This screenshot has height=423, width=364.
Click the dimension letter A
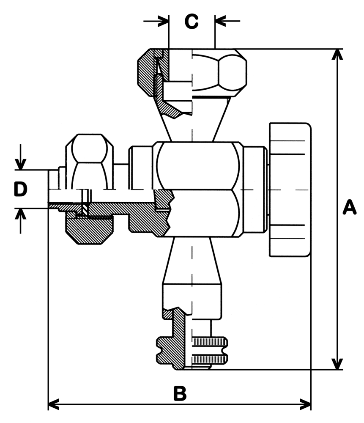pos(349,208)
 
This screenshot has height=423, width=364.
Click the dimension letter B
pos(180,393)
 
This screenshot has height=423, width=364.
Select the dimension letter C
pos(192,21)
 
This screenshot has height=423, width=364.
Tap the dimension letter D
pos(20,189)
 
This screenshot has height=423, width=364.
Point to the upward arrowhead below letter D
pos(20,214)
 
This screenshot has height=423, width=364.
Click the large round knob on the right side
pos(290,189)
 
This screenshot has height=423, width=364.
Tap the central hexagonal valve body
pos(199,189)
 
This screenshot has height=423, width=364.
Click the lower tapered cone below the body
pos(192,260)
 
